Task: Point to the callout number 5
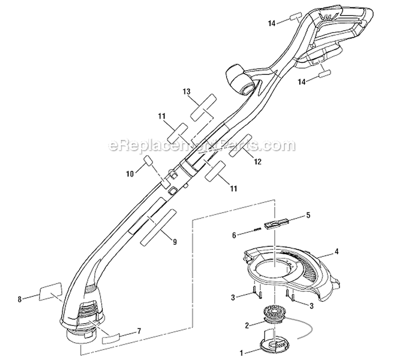pyautogui.click(x=308, y=214)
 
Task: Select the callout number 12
pyautogui.click(x=257, y=162)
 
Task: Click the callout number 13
pyautogui.click(x=186, y=91)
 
